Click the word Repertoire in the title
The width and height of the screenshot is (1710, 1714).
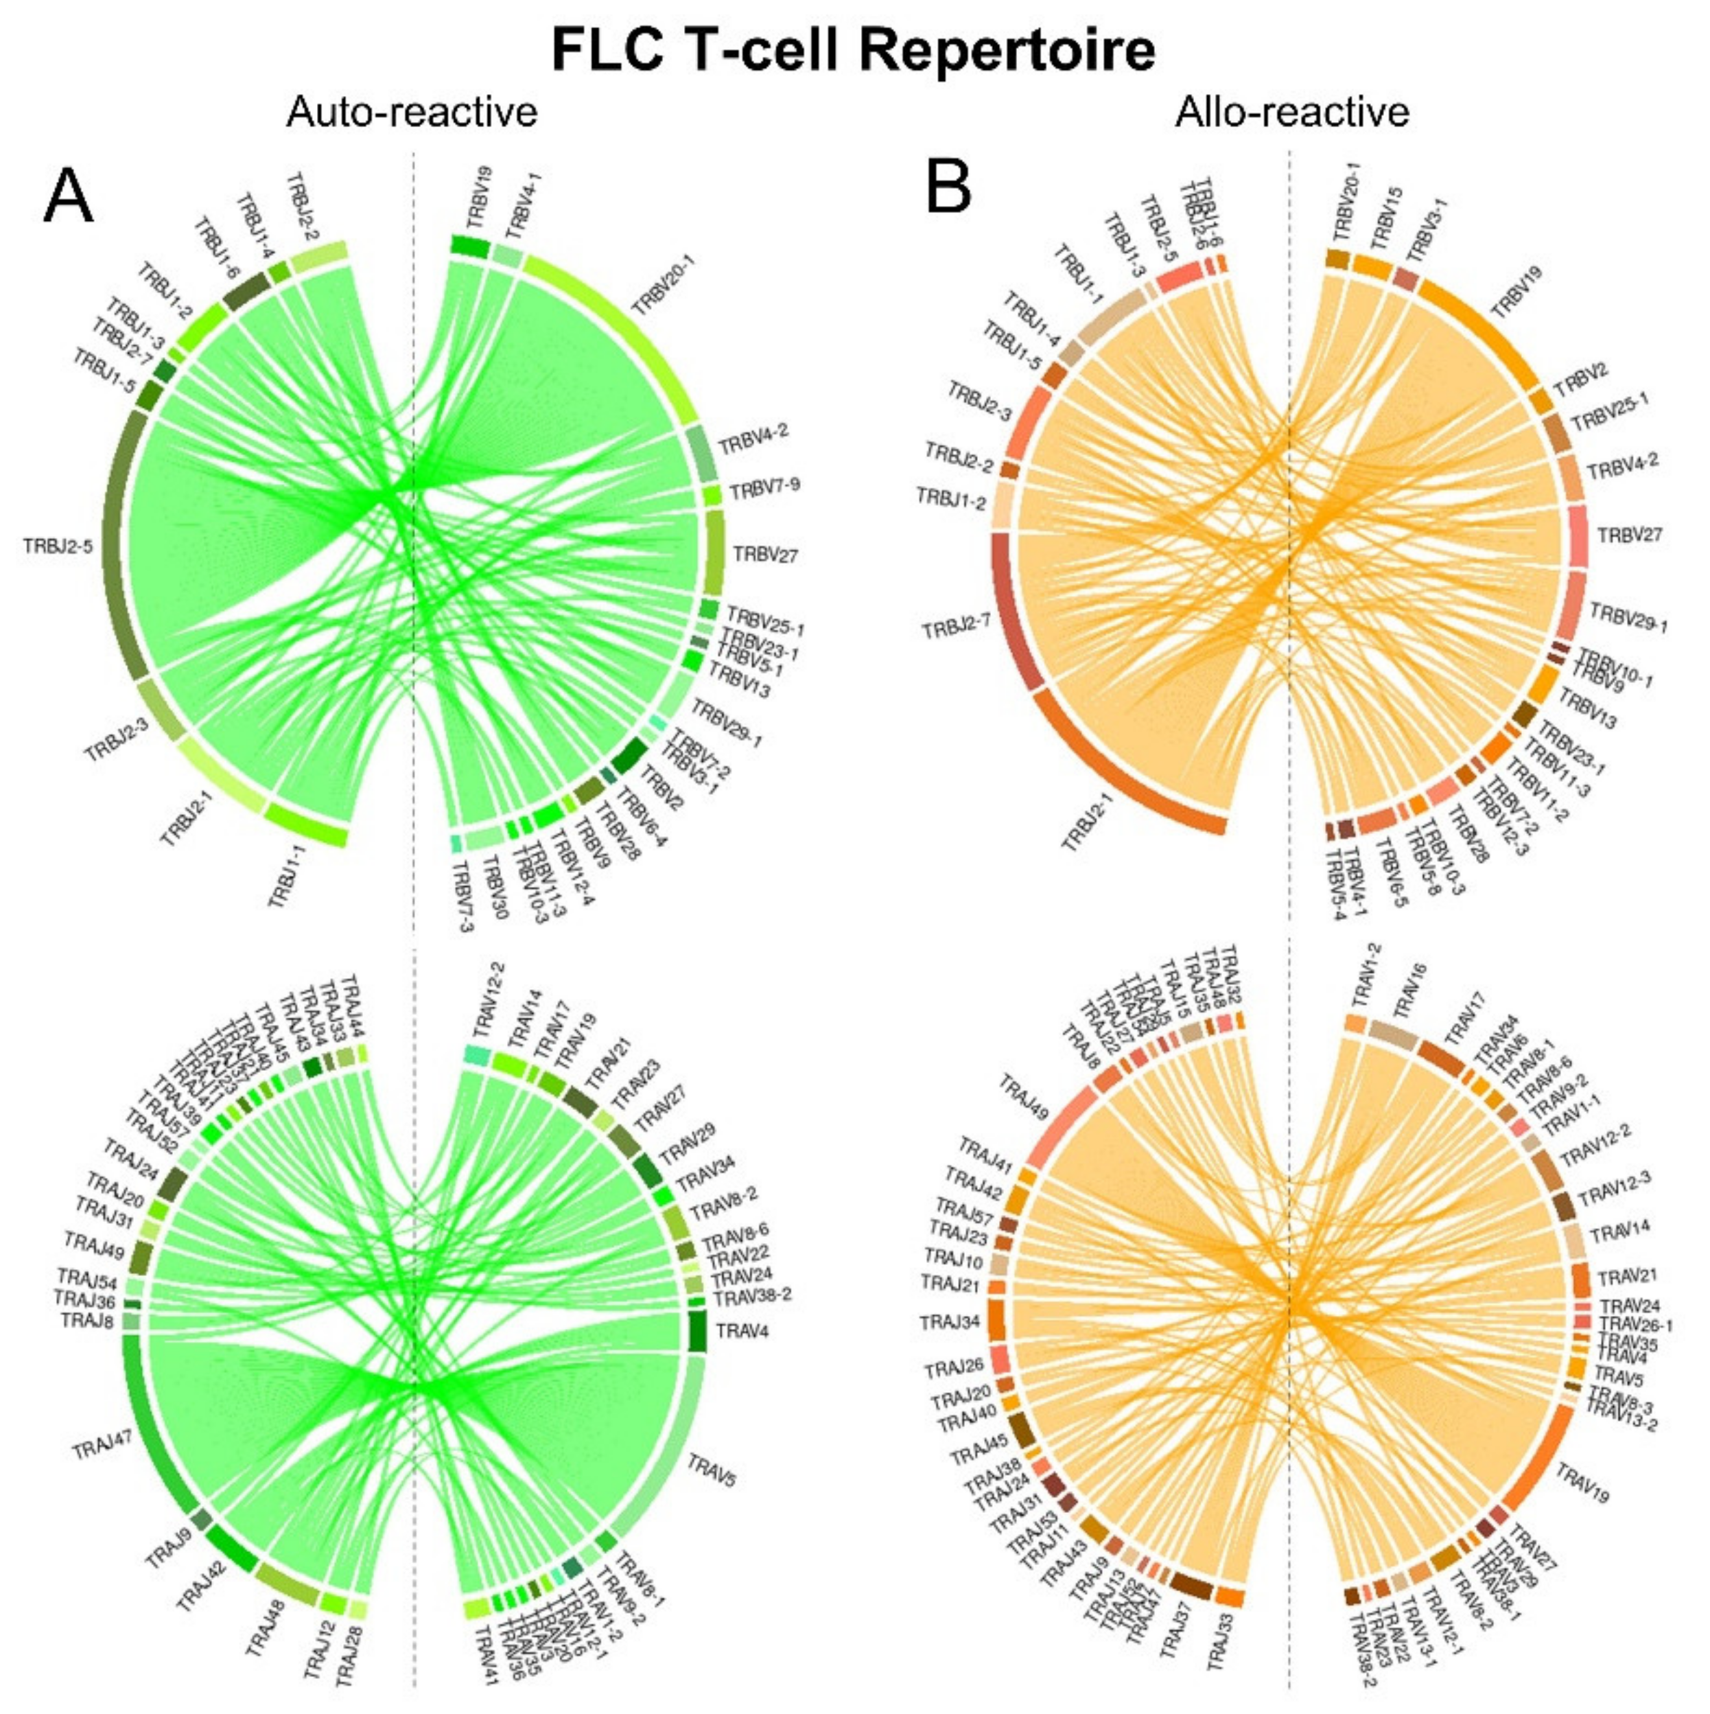tap(1007, 51)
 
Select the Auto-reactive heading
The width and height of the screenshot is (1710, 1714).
tap(412, 113)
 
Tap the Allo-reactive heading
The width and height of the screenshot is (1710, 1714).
tap(1292, 113)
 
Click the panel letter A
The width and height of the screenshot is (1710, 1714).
tap(69, 197)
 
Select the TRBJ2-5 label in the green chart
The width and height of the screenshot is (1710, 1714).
tap(58, 546)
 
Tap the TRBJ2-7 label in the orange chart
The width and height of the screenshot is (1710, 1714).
tap(956, 628)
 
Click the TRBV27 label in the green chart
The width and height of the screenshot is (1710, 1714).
tap(765, 555)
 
